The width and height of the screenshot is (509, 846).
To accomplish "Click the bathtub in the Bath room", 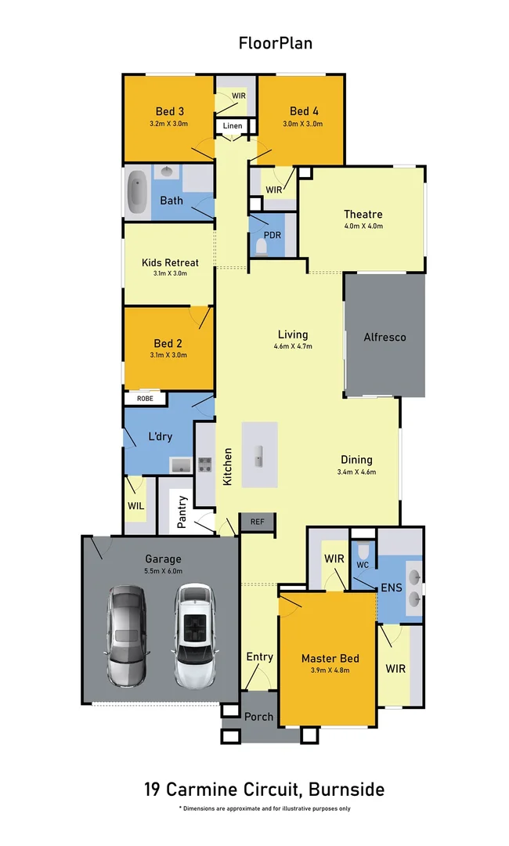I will [x=138, y=192].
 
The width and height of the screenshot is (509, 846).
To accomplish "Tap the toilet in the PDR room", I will [x=261, y=248].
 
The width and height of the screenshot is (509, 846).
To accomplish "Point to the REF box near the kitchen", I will [x=257, y=521].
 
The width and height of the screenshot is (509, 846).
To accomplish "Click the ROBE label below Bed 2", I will [x=146, y=398].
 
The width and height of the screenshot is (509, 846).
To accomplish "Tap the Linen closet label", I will [x=233, y=126].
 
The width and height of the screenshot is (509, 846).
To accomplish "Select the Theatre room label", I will [x=363, y=214].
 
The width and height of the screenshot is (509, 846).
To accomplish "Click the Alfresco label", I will [x=384, y=338].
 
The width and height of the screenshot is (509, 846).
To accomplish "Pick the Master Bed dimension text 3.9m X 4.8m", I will [x=330, y=670].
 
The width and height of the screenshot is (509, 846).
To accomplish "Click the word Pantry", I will [x=182, y=512].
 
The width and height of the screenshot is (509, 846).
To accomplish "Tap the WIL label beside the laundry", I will [x=135, y=506].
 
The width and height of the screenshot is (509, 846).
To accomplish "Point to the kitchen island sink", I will [x=259, y=454].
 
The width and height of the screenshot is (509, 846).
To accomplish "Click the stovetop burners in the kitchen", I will [x=204, y=464].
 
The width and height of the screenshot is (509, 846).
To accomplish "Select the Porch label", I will [x=258, y=716].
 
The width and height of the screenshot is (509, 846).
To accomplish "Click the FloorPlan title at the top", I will [x=276, y=43].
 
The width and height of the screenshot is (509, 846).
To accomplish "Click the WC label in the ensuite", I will [x=363, y=564].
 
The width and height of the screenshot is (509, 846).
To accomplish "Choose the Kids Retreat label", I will [x=170, y=262].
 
